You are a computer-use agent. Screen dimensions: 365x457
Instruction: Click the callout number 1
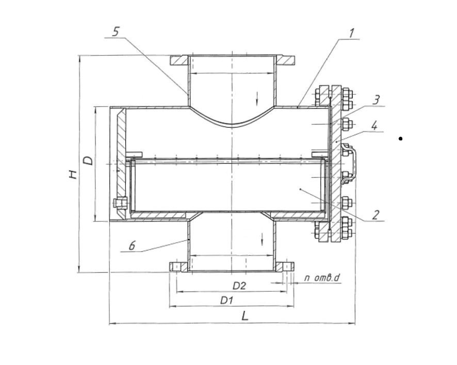pos(351,34)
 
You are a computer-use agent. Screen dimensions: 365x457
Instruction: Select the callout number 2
pos(377,214)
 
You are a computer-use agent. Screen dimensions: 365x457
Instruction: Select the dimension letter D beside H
pos(89,160)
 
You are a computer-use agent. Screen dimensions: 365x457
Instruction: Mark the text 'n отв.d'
pos(322,278)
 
